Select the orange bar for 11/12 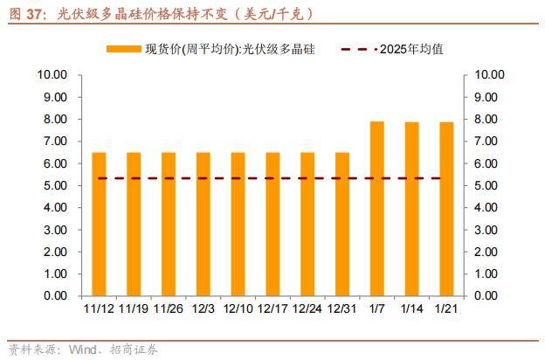point(99,224)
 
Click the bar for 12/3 point(203,224)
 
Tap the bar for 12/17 point(272,224)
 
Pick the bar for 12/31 point(342,224)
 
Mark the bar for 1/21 point(446,209)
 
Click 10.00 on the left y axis point(52,75)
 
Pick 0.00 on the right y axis point(489,296)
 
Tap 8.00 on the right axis point(489,119)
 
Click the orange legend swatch point(124,49)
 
